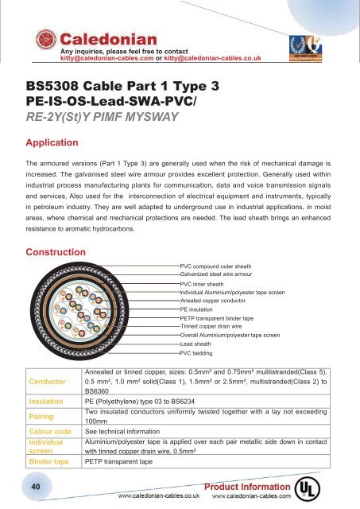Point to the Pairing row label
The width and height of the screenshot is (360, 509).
[x=41, y=417]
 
